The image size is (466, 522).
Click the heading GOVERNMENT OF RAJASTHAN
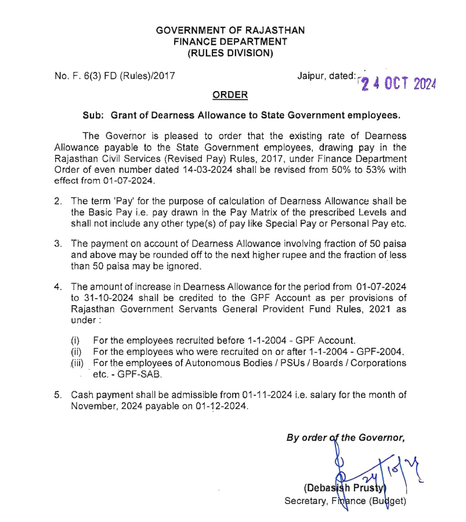click(230, 30)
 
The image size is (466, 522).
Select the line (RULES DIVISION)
click(230, 53)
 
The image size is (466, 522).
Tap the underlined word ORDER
click(230, 95)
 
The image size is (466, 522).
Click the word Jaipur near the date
click(311, 75)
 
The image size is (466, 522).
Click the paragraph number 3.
click(58, 244)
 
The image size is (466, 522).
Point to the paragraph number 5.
click(58, 395)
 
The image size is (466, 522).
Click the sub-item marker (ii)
click(77, 351)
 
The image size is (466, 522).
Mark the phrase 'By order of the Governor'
click(345, 438)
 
